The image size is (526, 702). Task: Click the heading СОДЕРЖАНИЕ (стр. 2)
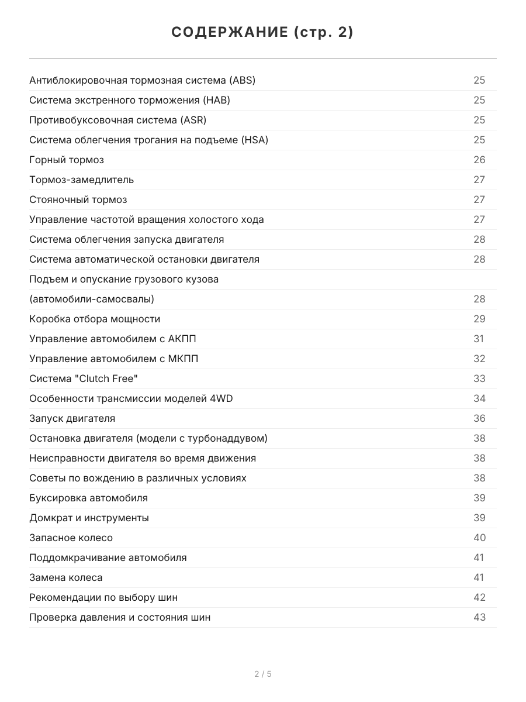point(262,33)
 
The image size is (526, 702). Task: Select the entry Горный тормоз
point(67,160)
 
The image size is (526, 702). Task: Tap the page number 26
point(479,160)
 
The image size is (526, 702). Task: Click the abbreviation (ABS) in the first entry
point(242,80)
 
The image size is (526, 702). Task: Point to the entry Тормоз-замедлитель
point(81,180)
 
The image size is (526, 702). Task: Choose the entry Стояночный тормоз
point(78,199)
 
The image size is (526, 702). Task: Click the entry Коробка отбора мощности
point(95,319)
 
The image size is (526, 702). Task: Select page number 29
point(479,319)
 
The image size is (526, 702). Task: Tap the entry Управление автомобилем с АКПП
point(113,339)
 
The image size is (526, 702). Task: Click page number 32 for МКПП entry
point(479,359)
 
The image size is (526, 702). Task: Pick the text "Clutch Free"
point(106,378)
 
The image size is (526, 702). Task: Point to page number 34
point(479,398)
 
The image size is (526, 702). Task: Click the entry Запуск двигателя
point(72,418)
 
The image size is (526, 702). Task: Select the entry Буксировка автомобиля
point(88,498)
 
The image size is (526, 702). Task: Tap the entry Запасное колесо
point(71,538)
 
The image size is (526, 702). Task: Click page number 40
point(479,538)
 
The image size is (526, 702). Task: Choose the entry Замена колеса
point(65,577)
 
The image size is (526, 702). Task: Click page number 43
point(479,617)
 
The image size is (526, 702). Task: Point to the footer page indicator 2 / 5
point(263,674)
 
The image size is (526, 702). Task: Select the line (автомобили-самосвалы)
point(92,299)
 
